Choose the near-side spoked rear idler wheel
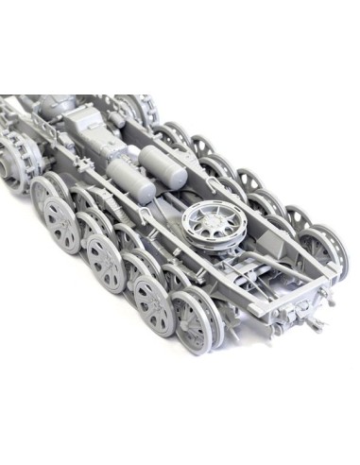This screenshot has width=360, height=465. pos(199,317)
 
